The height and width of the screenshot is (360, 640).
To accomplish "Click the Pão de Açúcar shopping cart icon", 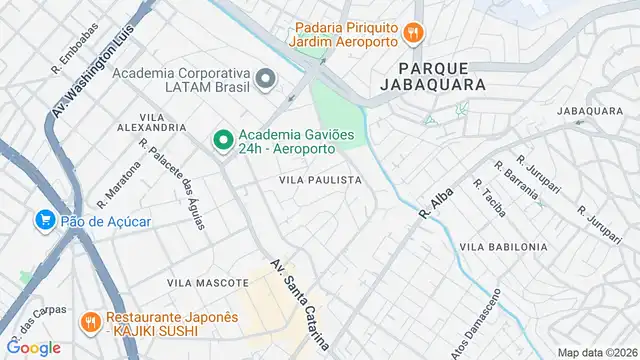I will pos(44,219).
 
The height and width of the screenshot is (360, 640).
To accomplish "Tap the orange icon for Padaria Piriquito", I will pos(411,34).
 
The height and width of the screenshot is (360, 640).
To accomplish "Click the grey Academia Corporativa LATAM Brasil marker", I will pos(265,78).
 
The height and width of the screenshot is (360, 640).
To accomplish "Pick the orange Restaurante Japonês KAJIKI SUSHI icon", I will pos(89,322).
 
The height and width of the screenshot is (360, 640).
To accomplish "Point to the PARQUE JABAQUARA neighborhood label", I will pos(433,76).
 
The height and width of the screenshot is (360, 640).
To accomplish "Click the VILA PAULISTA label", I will pos(320,180).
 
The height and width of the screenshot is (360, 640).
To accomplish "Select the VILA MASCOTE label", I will pos(199,284).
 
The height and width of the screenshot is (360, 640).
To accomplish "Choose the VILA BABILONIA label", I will pos(503,246).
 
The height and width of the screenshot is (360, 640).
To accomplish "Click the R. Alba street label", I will pos(438,199).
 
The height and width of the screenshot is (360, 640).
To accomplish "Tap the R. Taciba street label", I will pos(490,199).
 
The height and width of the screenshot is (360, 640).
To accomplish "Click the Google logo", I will pos(33,347).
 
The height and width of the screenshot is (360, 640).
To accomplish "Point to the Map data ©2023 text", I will pos(597,352).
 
